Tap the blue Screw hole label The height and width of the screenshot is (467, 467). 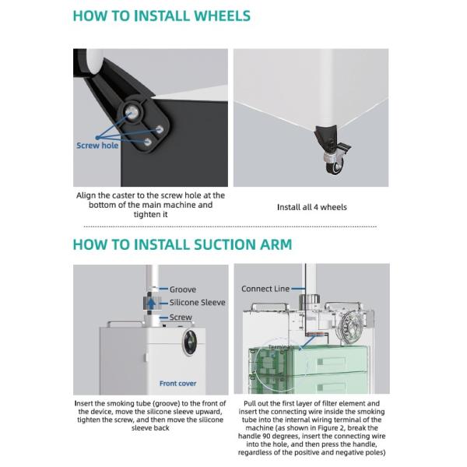coord(98,145)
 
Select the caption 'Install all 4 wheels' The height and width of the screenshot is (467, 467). coord(311,207)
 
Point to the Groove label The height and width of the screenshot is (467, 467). coord(183,290)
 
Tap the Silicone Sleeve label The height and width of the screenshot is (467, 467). coord(197,303)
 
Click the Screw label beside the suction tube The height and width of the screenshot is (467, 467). coord(181,318)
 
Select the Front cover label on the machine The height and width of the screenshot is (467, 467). coord(177,383)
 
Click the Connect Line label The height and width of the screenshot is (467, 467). coord(265,289)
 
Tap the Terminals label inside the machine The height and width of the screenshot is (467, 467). coord(281,347)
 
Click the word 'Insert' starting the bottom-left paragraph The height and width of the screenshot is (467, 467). coord(88,403)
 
